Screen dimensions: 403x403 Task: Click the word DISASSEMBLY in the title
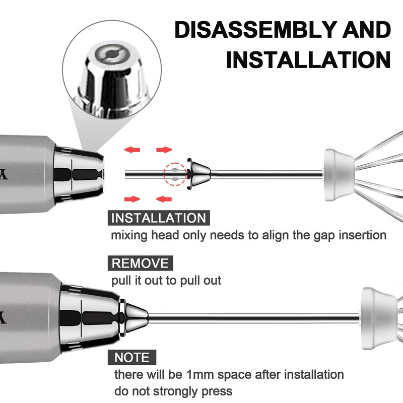256,30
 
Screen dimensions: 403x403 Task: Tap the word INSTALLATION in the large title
308,59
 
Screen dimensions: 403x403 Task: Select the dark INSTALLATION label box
159,218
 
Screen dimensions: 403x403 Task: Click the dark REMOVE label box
141,263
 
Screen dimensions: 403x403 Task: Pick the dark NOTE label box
132,357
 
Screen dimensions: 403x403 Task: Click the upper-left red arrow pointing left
132,150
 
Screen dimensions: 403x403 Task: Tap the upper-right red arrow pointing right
164,150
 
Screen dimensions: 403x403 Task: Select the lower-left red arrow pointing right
132,199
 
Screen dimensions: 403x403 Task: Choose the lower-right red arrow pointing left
164,199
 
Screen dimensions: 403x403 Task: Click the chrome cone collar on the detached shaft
199,174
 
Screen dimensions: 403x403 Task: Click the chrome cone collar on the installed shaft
134,318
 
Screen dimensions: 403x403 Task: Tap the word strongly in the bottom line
175,392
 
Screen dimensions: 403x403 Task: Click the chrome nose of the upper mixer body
79,174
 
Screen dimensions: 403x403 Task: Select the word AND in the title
367,30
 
